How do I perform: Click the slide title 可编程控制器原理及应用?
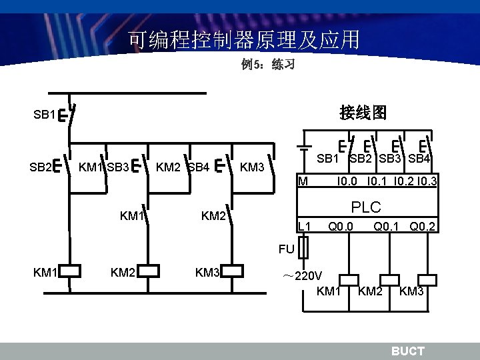[244, 41]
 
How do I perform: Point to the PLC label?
[367, 208]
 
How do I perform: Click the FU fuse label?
[286, 249]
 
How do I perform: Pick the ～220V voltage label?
[302, 276]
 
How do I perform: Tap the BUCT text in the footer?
[407, 351]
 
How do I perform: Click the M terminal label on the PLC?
[303, 180]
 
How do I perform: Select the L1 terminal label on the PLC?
[305, 227]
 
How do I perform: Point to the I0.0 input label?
[349, 180]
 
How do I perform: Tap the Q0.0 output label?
[341, 227]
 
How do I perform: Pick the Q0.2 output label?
[423, 227]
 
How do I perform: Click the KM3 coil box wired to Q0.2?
[427, 279]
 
